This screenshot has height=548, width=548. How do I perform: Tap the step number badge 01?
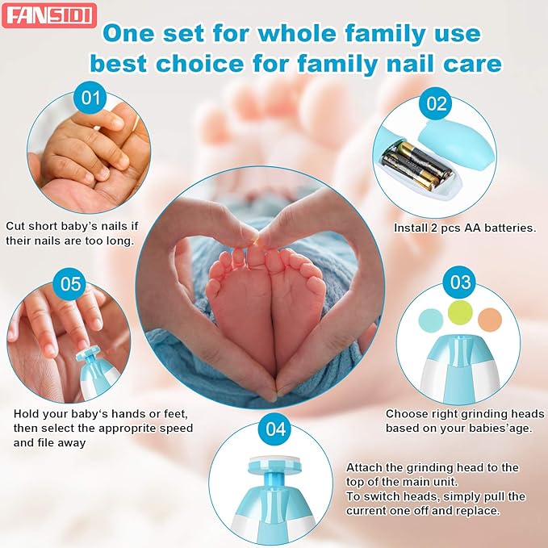90,98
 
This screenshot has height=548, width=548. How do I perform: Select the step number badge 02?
437,102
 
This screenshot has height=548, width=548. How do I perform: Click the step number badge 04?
275,429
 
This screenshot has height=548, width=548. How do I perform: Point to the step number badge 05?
71,283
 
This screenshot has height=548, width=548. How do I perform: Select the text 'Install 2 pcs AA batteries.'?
464,228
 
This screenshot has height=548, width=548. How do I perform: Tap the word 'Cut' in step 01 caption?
15,227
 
